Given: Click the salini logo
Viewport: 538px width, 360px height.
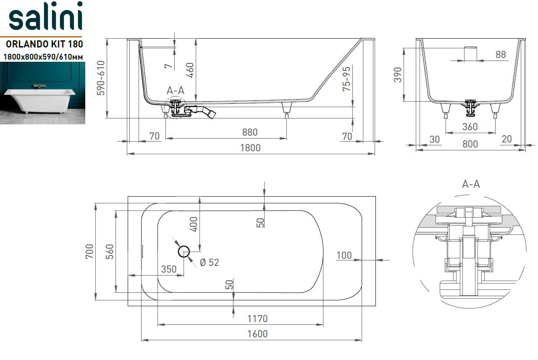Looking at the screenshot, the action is point(46,16).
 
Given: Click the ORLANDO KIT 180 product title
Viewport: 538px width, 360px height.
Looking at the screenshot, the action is point(45,44).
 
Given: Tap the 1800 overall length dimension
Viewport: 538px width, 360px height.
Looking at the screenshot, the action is point(250,148).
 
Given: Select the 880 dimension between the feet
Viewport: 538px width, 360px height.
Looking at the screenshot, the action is point(250,132).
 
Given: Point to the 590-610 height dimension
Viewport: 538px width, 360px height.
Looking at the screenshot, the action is point(101,78).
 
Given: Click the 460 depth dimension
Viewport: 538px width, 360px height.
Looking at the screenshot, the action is point(190,70).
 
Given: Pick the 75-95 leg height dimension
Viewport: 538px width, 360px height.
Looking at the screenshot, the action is point(346,79).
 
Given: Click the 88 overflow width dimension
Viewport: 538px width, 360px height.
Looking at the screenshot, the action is point(501,55).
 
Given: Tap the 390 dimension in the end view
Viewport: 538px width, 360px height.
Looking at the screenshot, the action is point(398,75).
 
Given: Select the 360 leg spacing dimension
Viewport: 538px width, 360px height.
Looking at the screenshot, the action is point(470,127).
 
